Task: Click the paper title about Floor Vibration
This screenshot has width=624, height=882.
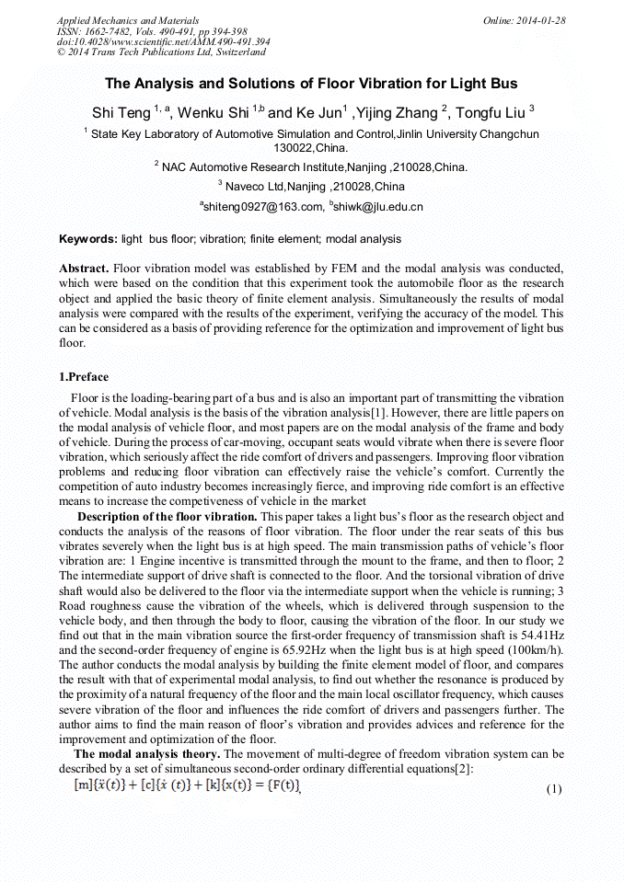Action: pos(311,84)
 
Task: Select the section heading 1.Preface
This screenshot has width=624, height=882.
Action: pos(84,377)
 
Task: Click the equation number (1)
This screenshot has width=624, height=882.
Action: pos(553,789)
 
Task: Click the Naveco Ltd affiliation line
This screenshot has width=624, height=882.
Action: pos(311,186)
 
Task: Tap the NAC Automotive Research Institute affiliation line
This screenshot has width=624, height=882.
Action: pos(311,167)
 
